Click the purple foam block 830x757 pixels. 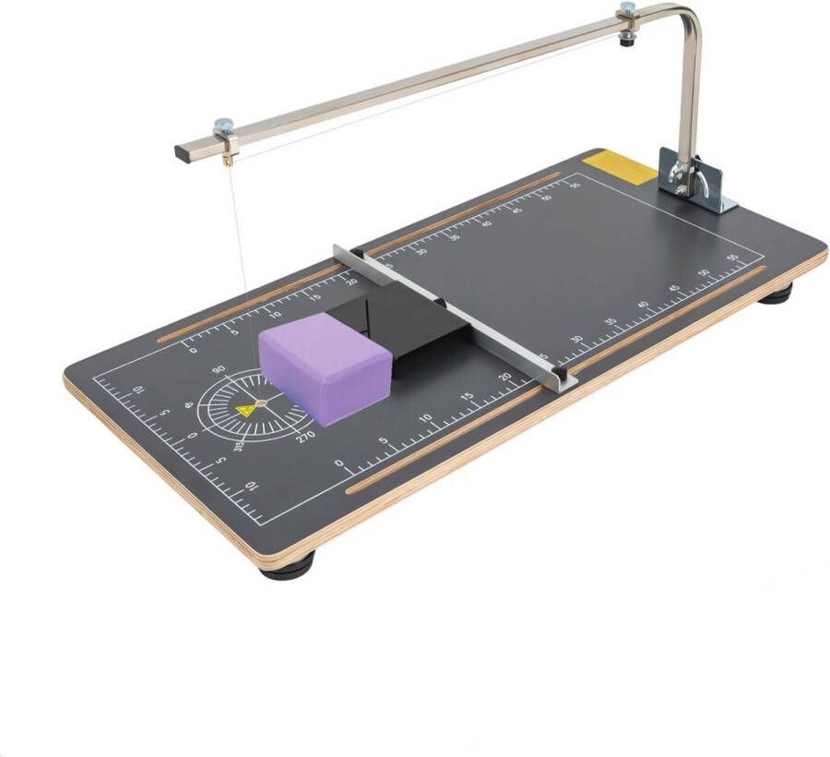(323, 365)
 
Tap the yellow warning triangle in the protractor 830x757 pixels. (245, 410)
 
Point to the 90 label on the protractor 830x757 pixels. (219, 370)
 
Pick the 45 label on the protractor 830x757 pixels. (189, 404)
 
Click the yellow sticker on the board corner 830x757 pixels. (617, 166)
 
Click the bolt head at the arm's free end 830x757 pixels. (223, 123)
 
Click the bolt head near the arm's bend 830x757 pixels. (626, 9)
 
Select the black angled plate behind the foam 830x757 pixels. (406, 318)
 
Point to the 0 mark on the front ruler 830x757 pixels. (338, 463)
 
